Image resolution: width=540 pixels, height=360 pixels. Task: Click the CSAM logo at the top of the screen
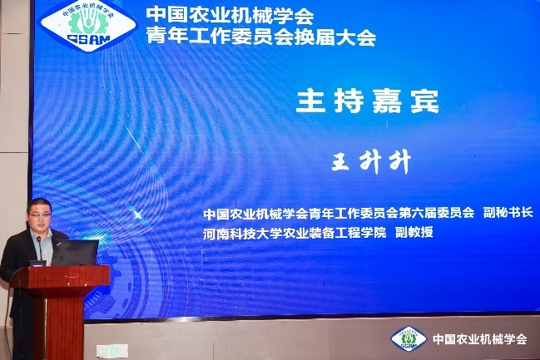coord(88,25)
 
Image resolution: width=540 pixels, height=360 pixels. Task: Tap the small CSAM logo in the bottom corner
coord(409,338)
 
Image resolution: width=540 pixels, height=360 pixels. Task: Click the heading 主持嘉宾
coord(368,101)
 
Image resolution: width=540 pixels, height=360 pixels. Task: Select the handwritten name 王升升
coord(371,161)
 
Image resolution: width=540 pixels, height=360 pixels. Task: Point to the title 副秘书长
coord(508,212)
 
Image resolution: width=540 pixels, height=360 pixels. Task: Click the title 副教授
coord(414,232)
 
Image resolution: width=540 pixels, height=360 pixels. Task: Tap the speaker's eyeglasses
coord(40,215)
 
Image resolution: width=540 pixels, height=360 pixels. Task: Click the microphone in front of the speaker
coord(40,248)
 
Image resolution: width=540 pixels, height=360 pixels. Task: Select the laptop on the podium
coord(74,253)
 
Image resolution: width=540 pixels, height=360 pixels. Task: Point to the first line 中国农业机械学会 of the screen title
coord(230,16)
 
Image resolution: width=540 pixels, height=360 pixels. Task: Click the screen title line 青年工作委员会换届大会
coord(260,36)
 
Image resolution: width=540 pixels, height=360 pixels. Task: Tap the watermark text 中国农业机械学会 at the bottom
coord(480,339)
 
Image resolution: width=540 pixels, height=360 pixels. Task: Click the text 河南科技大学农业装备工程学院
coord(295,233)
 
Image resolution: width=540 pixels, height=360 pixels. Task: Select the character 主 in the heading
coord(310,101)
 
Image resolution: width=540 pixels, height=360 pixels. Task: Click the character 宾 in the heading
coord(425,101)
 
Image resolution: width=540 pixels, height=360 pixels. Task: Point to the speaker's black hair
coord(39,205)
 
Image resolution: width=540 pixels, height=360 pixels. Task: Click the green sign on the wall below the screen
coord(112,352)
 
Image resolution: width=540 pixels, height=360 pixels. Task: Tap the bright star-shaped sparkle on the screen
coord(138,215)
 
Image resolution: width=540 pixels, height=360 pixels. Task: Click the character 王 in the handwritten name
coord(341,161)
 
